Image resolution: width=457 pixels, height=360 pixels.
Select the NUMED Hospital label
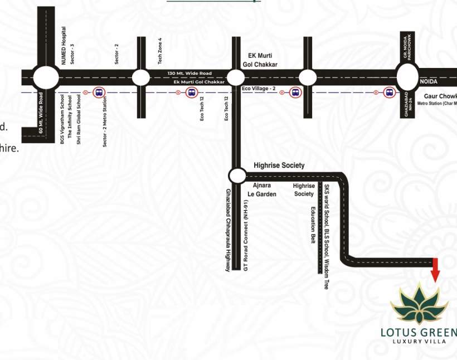click(x=64, y=45)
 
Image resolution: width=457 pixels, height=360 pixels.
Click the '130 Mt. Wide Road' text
click(x=189, y=74)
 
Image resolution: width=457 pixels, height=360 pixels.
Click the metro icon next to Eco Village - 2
click(x=295, y=92)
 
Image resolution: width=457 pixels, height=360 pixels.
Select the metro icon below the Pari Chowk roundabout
click(x=388, y=92)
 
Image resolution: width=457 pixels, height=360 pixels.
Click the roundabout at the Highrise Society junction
click(x=237, y=176)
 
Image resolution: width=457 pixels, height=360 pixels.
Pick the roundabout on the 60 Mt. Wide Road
click(x=45, y=77)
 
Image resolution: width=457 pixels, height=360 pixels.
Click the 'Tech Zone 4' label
click(x=160, y=50)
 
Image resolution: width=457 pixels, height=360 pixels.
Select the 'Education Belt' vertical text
click(x=313, y=225)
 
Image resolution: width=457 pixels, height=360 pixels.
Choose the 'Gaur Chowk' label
click(x=440, y=96)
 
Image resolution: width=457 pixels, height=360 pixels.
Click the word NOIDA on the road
click(x=429, y=81)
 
